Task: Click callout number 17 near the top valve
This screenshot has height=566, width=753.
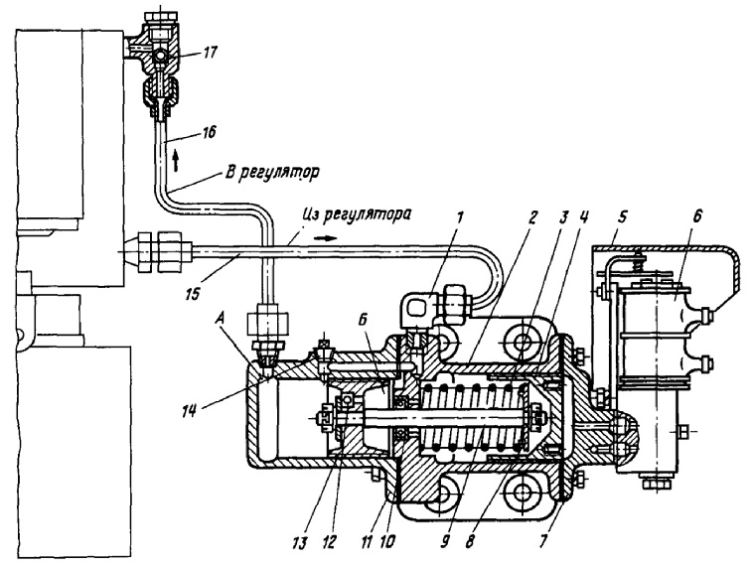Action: (x=210, y=51)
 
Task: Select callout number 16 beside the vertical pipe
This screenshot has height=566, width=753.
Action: (x=208, y=131)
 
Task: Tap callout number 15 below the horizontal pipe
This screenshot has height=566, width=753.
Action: (x=192, y=293)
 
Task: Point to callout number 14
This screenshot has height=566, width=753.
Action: (x=190, y=411)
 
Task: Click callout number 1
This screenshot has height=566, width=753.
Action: (x=459, y=217)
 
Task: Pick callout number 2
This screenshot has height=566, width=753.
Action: (x=531, y=217)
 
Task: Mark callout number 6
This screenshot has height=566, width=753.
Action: (x=697, y=216)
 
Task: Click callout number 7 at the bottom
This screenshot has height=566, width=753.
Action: (x=543, y=541)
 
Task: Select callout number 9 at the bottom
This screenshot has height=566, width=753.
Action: (x=444, y=542)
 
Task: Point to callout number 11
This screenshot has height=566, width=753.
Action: (x=367, y=542)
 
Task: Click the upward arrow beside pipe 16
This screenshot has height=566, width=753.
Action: (x=176, y=160)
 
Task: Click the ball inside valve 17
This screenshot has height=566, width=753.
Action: (x=159, y=58)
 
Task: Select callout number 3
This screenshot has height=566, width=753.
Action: (x=563, y=217)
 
